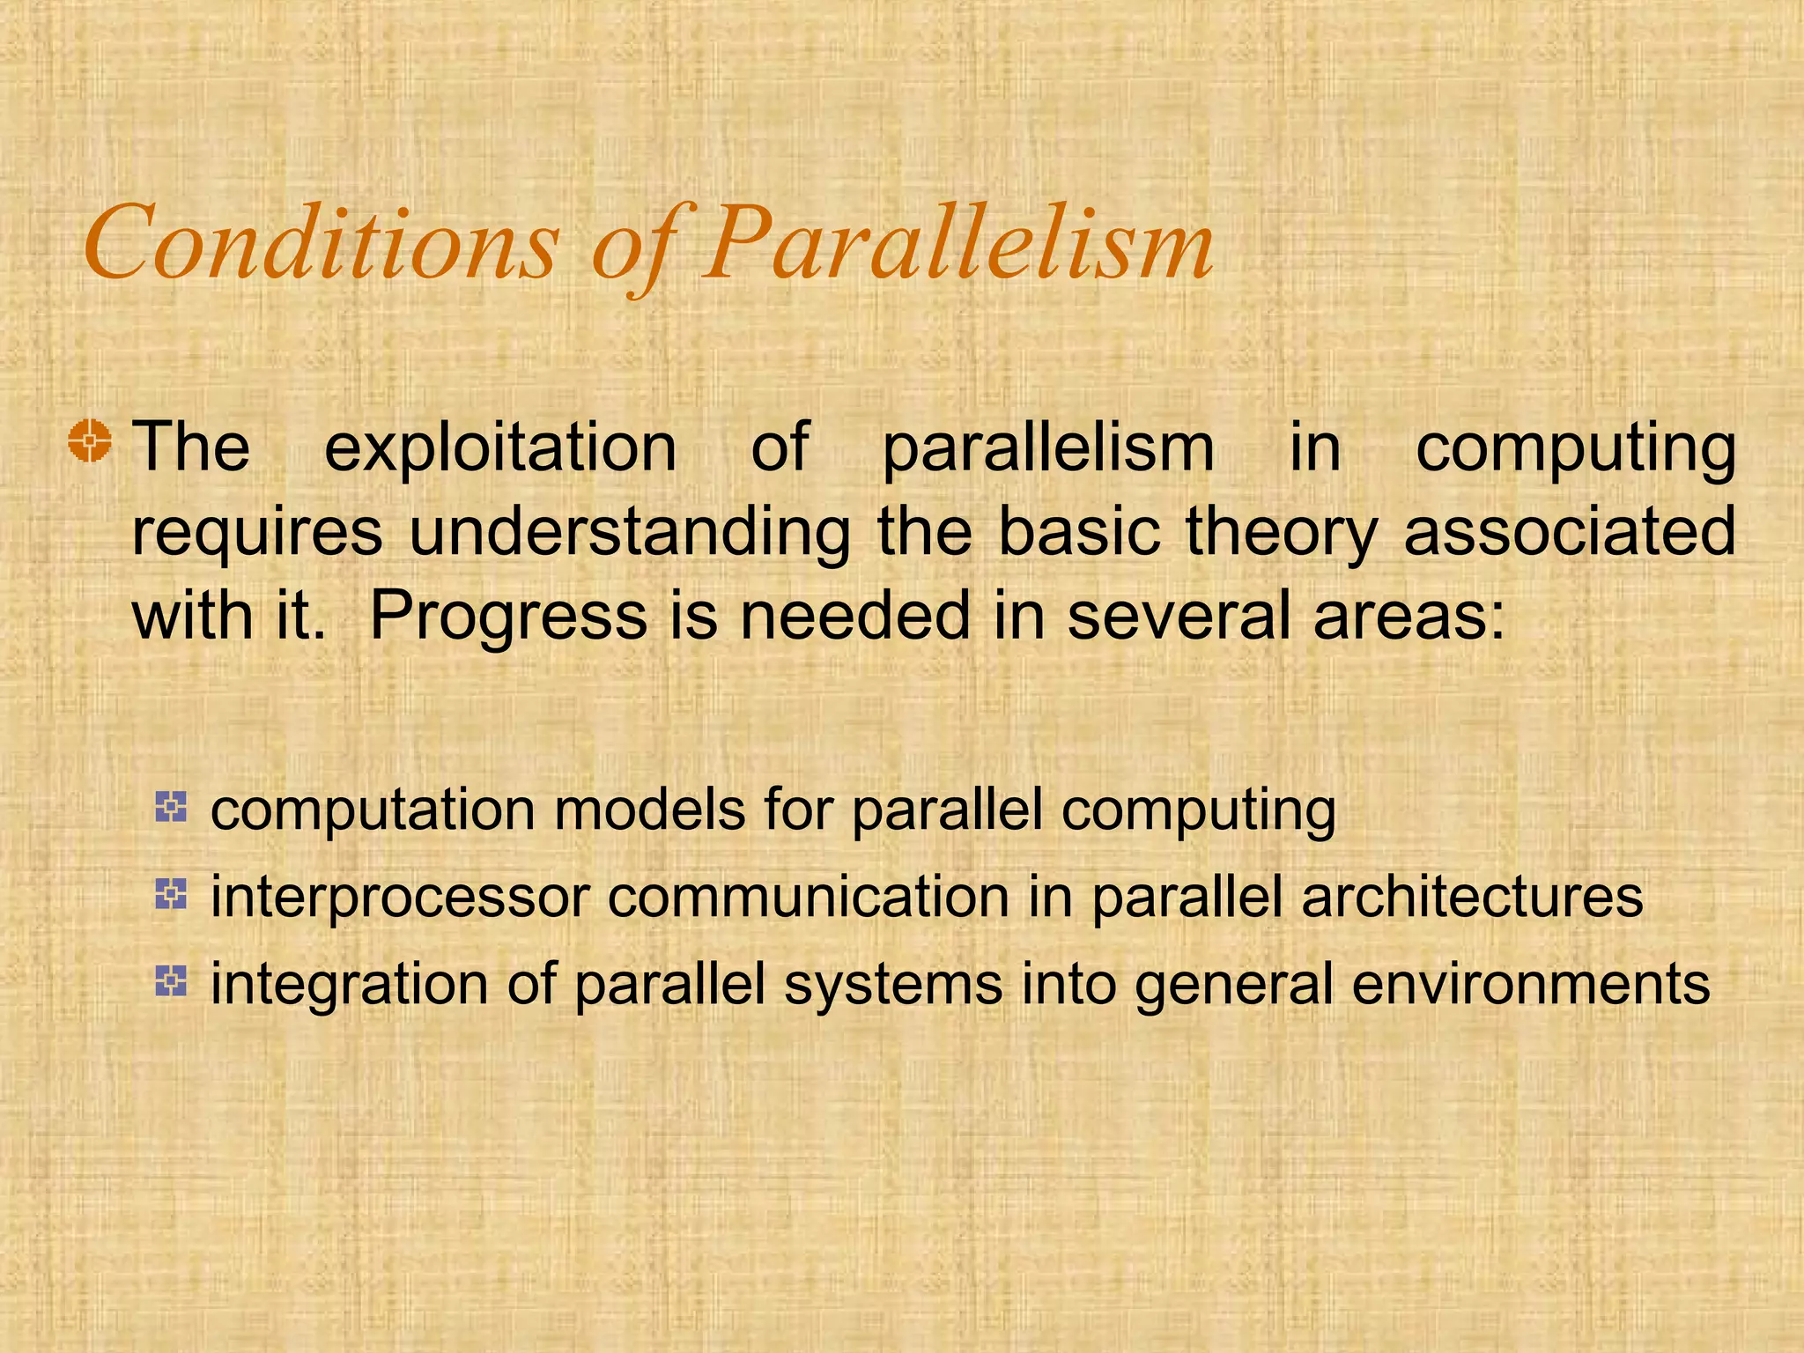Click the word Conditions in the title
click(x=322, y=242)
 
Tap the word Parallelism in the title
click(x=957, y=242)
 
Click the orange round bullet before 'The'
click(x=90, y=440)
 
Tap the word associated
click(x=1569, y=531)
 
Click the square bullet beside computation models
click(x=171, y=807)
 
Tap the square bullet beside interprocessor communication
click(x=171, y=895)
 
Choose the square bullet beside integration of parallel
click(x=171, y=981)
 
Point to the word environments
click(x=1531, y=984)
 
